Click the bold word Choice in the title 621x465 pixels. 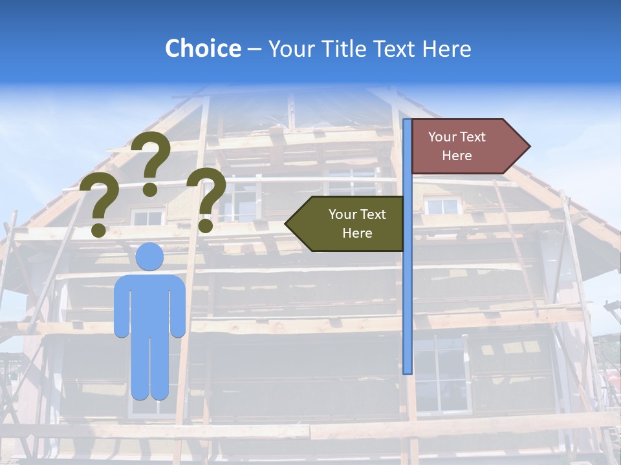coord(202,48)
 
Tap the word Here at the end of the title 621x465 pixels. coord(447,48)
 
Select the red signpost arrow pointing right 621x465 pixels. coord(466,146)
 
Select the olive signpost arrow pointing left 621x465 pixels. coord(349,223)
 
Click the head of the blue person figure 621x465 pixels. coord(149,256)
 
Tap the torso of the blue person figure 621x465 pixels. coord(149,304)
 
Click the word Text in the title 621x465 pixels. coord(396,48)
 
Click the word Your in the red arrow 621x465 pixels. coord(442,137)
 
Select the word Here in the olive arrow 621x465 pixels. coord(357,233)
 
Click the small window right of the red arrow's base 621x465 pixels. coord(442,206)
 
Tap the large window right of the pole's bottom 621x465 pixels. coord(440,375)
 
